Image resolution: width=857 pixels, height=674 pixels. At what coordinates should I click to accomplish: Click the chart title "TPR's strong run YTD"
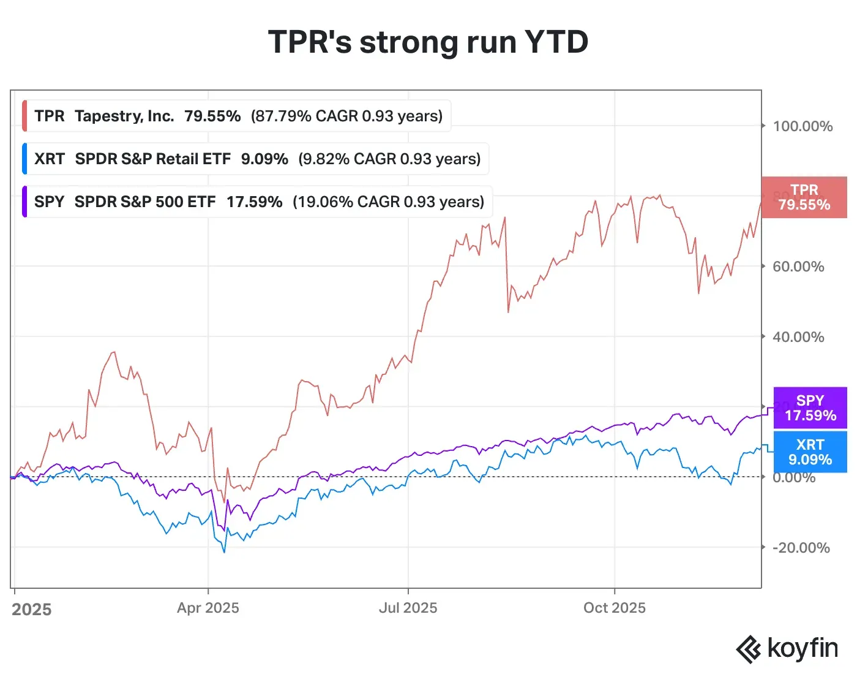[428, 42]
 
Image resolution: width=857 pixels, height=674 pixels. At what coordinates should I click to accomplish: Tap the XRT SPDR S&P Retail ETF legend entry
[256, 159]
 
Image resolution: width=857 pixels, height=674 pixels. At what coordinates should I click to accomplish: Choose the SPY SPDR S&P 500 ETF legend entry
[258, 202]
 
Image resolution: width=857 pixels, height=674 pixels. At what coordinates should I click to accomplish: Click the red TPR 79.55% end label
[804, 197]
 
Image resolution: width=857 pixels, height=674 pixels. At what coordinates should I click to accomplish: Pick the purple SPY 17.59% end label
[810, 408]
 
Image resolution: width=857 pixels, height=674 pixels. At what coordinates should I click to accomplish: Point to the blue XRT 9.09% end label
[810, 452]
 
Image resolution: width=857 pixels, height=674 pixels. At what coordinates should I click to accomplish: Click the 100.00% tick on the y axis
[802, 126]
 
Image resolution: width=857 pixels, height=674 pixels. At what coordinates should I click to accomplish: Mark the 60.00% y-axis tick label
[798, 267]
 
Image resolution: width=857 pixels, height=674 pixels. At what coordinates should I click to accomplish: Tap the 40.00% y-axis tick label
[798, 337]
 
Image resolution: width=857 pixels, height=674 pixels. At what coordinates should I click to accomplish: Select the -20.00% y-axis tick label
[800, 548]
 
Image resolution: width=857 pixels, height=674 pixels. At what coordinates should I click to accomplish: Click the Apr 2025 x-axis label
[208, 608]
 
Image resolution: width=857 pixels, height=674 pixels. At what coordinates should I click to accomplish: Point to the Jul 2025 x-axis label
[408, 608]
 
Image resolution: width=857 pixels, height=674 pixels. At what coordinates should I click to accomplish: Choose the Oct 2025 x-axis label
[614, 608]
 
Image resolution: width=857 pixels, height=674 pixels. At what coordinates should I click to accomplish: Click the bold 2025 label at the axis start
[32, 610]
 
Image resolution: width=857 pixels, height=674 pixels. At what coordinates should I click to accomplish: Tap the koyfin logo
[787, 649]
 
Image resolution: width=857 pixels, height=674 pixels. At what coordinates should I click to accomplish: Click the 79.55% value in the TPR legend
[212, 116]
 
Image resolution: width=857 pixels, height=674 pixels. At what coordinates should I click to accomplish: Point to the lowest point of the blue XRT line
[224, 552]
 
